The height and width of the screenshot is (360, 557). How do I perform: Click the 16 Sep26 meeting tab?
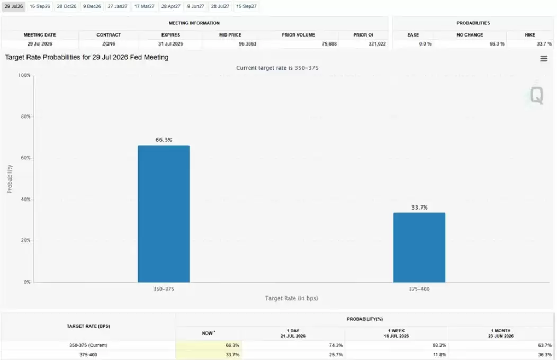(x=40, y=6)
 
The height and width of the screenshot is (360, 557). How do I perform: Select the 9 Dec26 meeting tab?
(x=92, y=6)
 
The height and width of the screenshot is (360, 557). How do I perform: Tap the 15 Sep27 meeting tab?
(x=246, y=6)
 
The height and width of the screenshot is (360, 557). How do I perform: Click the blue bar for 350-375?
(x=164, y=214)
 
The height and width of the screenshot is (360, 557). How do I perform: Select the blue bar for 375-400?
(x=419, y=247)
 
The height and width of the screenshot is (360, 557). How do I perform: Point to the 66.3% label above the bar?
(x=164, y=140)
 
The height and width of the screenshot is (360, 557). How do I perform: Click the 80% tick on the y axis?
(x=25, y=116)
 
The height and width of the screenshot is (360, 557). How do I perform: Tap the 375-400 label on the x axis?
(x=419, y=289)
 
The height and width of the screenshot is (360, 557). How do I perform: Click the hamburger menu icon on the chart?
(x=544, y=59)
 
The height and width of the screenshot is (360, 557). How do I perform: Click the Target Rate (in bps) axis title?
(x=291, y=298)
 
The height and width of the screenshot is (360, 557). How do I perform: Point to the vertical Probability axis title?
(x=10, y=179)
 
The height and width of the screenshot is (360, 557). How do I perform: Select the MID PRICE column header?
(x=230, y=35)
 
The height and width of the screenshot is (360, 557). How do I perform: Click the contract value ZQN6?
(x=109, y=43)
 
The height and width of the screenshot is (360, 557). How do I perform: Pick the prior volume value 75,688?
(x=329, y=43)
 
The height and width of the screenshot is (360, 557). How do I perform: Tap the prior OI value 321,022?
(x=377, y=43)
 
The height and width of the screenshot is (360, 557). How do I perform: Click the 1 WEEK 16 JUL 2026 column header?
(x=397, y=334)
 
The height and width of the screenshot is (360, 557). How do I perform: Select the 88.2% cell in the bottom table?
(x=439, y=345)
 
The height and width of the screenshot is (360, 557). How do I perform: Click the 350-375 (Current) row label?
(x=88, y=345)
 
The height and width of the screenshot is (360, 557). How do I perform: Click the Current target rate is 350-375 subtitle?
(x=277, y=68)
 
